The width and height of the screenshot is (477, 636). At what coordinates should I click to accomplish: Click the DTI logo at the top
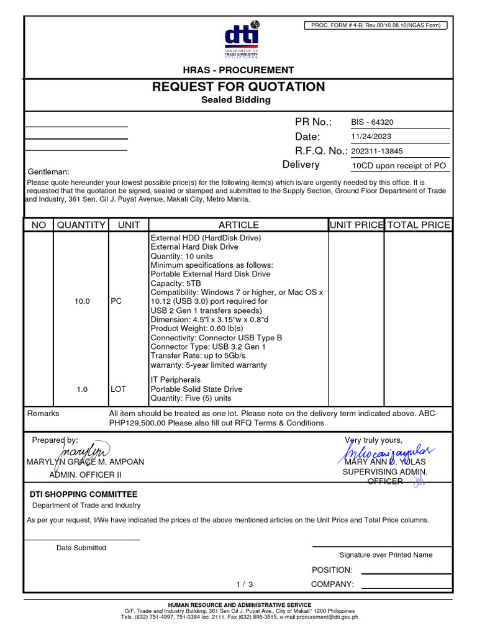[242, 40]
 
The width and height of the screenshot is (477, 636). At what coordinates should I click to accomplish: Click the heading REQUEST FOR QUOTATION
[238, 86]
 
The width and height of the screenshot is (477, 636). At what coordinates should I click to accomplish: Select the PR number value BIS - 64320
[372, 122]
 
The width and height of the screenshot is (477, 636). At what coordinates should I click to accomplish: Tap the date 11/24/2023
[371, 137]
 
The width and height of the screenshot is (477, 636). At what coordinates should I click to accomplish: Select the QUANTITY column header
[81, 225]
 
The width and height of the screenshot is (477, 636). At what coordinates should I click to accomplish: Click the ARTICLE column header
[238, 225]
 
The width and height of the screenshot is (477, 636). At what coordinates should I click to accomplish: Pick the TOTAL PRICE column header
[418, 225]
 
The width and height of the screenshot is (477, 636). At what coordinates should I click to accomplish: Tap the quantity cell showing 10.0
[82, 301]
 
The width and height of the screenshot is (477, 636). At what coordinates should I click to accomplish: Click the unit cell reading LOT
[118, 389]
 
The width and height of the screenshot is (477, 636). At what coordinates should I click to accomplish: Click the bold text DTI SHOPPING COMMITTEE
[84, 494]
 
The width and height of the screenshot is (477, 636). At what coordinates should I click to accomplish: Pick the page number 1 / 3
[245, 584]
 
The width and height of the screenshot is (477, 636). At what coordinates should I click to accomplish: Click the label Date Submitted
[81, 548]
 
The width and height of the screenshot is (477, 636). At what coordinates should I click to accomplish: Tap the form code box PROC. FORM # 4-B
[375, 25]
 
